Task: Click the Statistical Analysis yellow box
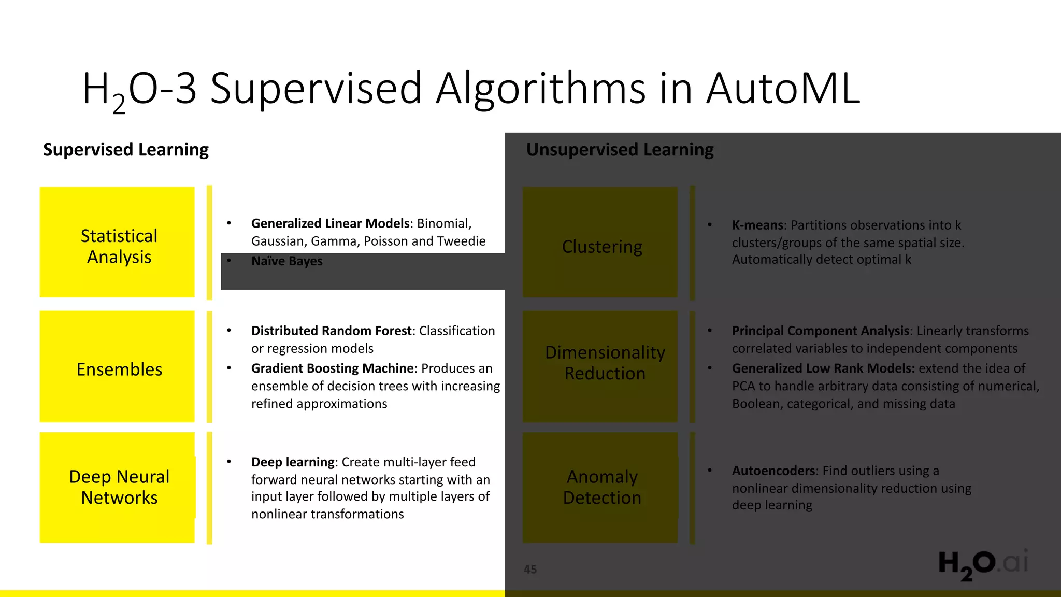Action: click(x=117, y=242)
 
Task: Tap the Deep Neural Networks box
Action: click(x=117, y=487)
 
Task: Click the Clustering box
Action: click(x=600, y=242)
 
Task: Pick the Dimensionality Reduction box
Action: click(x=600, y=366)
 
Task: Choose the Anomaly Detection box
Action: click(x=600, y=487)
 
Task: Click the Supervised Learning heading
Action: click(x=126, y=150)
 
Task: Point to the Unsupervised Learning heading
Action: click(x=620, y=150)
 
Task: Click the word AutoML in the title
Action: click(x=783, y=88)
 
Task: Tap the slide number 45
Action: click(x=530, y=570)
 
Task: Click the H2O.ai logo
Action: click(x=983, y=564)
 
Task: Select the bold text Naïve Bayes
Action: click(x=287, y=261)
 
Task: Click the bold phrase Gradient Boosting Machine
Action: click(x=333, y=368)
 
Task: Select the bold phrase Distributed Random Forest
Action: click(x=332, y=331)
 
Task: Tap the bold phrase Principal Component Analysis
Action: click(x=821, y=331)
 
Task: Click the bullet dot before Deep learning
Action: click(x=229, y=461)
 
